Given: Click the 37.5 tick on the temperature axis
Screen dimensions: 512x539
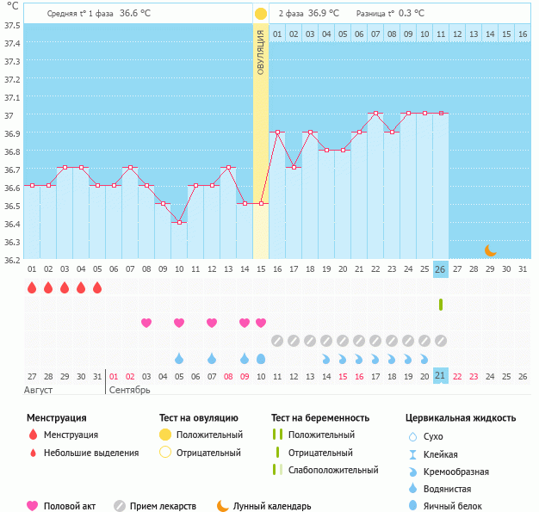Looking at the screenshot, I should coord(11,25).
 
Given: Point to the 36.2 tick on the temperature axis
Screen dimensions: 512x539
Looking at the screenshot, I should coord(11,259).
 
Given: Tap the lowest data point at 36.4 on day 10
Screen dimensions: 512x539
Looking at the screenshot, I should coord(179,222).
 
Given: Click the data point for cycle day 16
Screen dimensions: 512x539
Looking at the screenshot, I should coord(277,132).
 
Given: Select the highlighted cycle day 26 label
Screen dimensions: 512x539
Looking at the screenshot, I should coord(440,269).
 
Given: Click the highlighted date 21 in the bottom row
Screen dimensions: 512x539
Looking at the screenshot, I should coord(440,376).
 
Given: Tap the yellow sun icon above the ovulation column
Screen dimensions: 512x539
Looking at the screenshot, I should coord(261,14).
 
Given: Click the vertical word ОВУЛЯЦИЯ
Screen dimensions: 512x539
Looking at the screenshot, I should coord(261,52).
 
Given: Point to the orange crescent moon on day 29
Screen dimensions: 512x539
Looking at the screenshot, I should coord(490,250).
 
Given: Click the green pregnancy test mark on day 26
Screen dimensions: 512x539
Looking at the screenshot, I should coord(441,305).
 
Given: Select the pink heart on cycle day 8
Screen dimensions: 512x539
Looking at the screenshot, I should coord(146,323).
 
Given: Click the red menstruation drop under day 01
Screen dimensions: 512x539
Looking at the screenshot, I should coord(32,287).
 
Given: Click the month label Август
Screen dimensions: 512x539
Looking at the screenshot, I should coord(39,390).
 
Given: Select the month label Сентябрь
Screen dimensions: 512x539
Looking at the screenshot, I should coord(130,390).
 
